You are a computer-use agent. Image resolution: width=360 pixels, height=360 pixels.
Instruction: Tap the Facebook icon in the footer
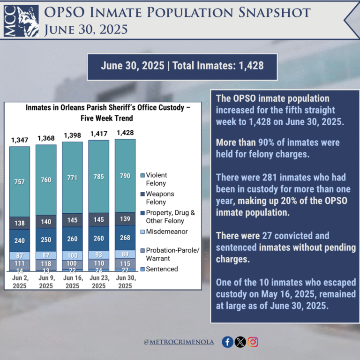click(x=227, y=342)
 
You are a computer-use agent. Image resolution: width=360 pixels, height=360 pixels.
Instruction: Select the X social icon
click(x=240, y=342)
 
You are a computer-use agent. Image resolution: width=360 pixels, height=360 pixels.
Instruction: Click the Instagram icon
click(x=253, y=342)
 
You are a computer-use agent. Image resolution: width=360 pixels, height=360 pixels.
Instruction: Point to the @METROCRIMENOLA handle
click(x=179, y=342)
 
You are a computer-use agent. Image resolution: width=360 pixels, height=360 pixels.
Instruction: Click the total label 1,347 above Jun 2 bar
click(x=20, y=140)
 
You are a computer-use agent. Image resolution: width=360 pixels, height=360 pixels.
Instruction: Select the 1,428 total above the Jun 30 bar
click(x=125, y=132)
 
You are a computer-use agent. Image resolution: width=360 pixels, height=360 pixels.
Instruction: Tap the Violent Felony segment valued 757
click(x=20, y=181)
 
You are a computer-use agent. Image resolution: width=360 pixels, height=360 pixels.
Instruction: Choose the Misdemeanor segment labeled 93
click(x=99, y=255)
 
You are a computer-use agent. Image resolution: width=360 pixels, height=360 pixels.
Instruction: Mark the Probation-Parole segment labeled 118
click(x=46, y=263)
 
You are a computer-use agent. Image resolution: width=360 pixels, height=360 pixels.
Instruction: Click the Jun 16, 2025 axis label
click(x=73, y=282)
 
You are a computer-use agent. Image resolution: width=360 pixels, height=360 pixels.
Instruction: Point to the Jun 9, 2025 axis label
click(x=46, y=282)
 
